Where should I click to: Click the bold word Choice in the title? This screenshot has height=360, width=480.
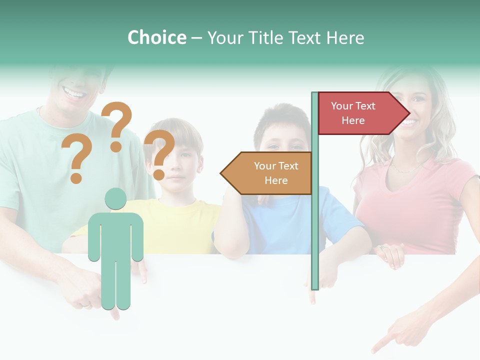pos(156,37)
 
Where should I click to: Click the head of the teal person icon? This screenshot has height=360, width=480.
pos(115,198)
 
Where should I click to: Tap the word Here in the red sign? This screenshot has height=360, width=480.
pos(353,120)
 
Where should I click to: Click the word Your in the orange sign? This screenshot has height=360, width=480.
pos(265,166)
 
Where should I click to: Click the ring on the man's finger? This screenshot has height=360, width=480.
pos(86,303)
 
